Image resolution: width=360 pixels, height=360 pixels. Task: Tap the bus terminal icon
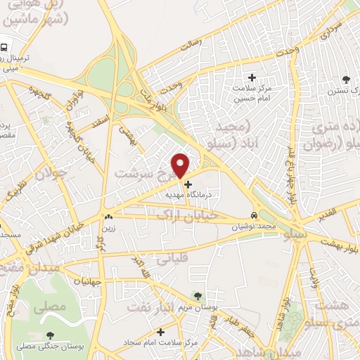click(5, 48)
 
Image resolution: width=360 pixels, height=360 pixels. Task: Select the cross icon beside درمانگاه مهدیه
click(187, 184)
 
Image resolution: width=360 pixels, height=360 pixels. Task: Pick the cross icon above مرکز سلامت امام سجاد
click(161, 331)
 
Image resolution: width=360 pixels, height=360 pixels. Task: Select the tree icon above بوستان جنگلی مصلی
click(49, 335)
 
